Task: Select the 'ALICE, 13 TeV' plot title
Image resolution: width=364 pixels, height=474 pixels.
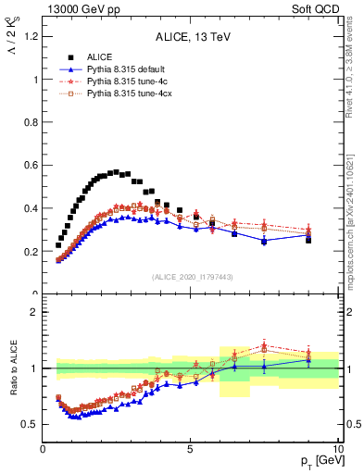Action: [192, 38]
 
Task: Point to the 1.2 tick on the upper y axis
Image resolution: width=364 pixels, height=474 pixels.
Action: [31, 36]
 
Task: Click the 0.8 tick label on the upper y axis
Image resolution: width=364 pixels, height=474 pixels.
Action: [31, 122]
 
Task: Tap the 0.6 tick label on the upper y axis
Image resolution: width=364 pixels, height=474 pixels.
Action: [31, 166]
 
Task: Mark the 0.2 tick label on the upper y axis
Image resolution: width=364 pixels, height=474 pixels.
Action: [31, 252]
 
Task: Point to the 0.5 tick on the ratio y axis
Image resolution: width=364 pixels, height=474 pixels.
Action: [31, 424]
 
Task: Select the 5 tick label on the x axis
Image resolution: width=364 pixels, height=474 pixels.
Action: [190, 449]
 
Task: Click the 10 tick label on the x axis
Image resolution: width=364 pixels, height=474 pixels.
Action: [337, 449]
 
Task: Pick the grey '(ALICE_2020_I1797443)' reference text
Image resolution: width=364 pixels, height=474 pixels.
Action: [192, 277]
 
